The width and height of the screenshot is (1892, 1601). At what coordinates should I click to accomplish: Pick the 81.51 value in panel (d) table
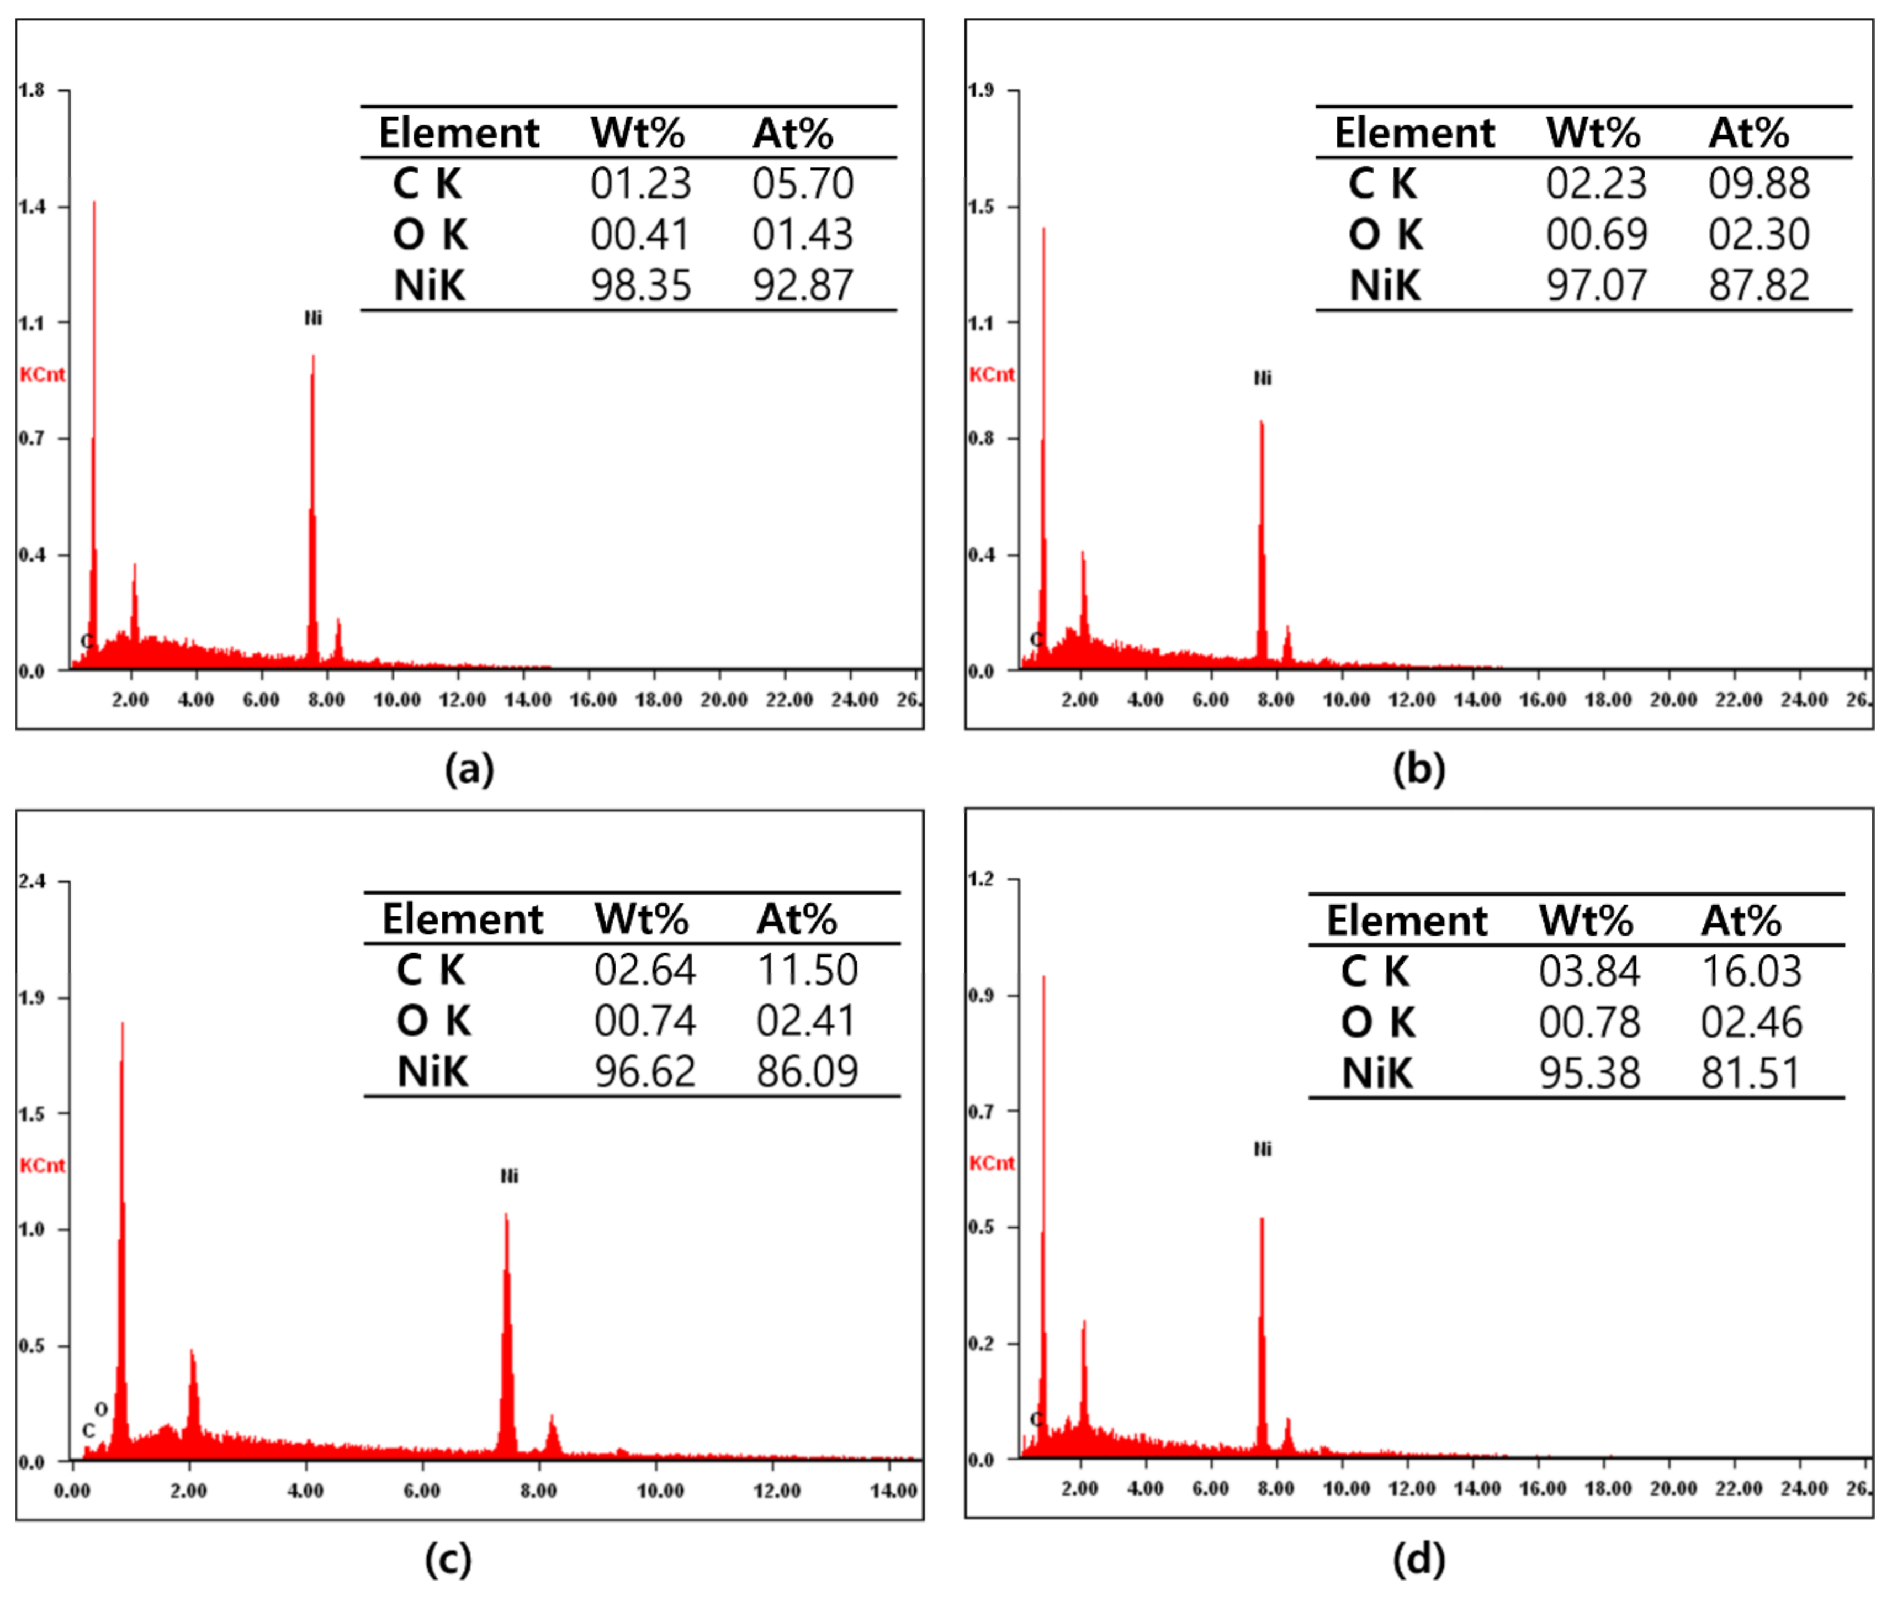(1751, 1073)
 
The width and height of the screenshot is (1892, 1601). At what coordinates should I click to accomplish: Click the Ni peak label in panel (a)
(313, 318)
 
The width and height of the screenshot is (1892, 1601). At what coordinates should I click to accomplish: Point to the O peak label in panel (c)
(100, 1409)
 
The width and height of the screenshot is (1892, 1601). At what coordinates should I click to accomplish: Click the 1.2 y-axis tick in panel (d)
(981, 879)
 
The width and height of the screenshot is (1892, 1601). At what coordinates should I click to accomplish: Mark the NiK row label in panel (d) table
(1376, 1073)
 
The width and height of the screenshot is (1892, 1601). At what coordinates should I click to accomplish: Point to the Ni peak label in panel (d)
(1262, 1149)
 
